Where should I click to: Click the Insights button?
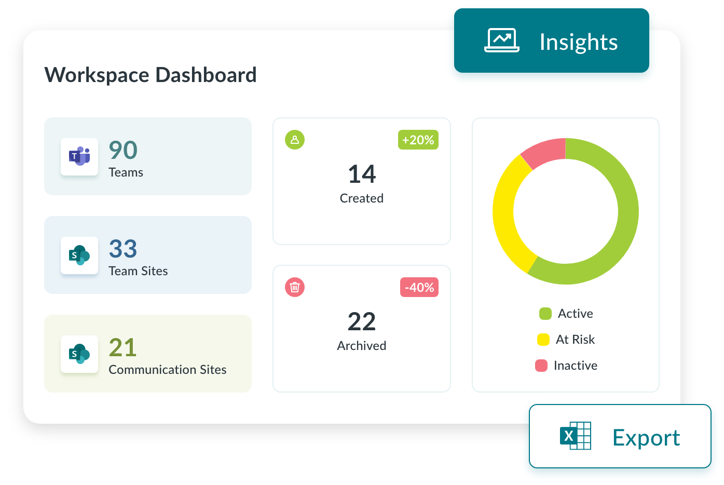tap(551, 42)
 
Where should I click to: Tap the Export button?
tap(620, 437)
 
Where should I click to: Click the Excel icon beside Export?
tap(575, 436)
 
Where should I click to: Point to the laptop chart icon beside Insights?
tap(501, 41)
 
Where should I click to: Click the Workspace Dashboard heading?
tap(151, 75)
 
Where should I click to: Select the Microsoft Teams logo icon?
tap(79, 156)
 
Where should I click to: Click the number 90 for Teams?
tap(123, 151)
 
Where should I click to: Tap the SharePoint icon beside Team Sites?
tap(79, 255)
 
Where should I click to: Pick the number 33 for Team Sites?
tap(123, 249)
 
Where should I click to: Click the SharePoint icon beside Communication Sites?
tap(79, 354)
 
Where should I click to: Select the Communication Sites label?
tap(167, 370)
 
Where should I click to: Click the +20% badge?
tap(418, 140)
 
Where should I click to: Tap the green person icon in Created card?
tap(295, 140)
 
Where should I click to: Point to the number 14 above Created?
tap(362, 174)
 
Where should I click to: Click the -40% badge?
tap(419, 287)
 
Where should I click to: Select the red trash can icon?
tap(295, 287)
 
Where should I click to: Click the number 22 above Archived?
tap(362, 322)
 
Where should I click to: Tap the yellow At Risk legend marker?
tap(543, 340)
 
